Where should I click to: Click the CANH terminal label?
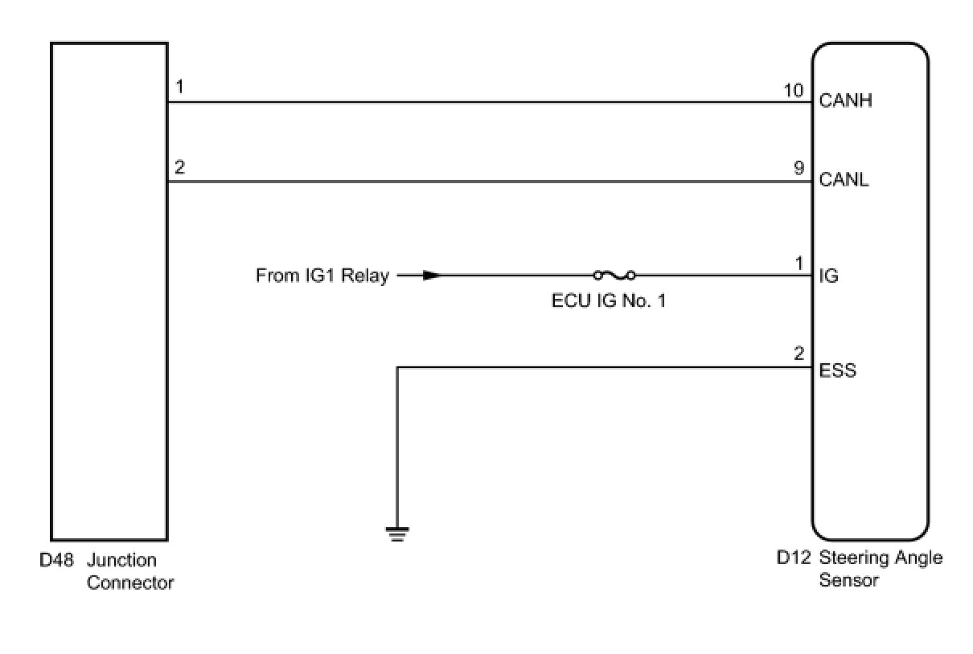845,101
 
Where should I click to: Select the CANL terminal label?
844,180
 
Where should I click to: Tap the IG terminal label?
828,276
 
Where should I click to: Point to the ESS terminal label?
837,371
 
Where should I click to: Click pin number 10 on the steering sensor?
794,90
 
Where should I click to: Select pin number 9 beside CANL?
798,169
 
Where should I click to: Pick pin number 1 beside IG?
799,264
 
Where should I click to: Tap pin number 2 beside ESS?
799,354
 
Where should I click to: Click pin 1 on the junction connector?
179,87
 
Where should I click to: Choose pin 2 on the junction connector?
179,167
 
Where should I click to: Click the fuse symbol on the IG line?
614,276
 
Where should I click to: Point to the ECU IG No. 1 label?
609,303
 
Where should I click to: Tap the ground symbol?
397,533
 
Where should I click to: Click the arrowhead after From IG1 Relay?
432,276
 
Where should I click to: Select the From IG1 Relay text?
322,276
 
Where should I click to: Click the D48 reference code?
56,560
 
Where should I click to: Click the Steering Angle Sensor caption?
880,569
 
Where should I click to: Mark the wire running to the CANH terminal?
482,102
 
